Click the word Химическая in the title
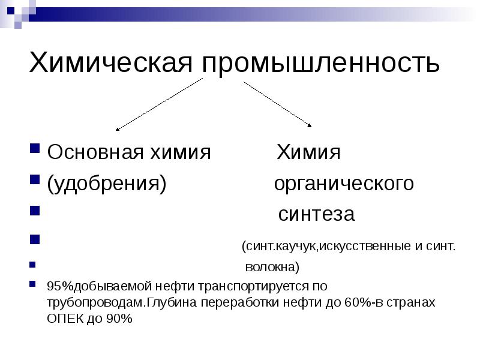coord(111,62)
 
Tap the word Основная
coord(93,152)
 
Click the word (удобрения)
coord(107,184)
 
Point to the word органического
coord(344,184)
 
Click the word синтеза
coord(316,214)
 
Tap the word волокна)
coord(272,266)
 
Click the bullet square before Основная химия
coord(34,149)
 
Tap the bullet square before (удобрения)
coord(34,180)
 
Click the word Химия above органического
coord(308,152)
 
